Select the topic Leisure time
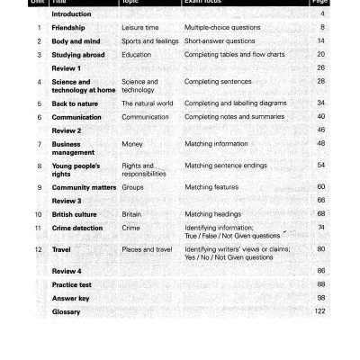pos(139,28)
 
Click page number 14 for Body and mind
pos(321,41)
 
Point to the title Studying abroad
pos(78,55)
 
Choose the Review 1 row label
pos(67,68)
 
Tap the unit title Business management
pos(73,148)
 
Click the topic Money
pos(130,144)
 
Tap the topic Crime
pos(130,228)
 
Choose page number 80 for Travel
pos(321,249)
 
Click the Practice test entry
pos(72,284)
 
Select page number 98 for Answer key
pos(321,298)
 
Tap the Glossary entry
pos(67,311)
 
